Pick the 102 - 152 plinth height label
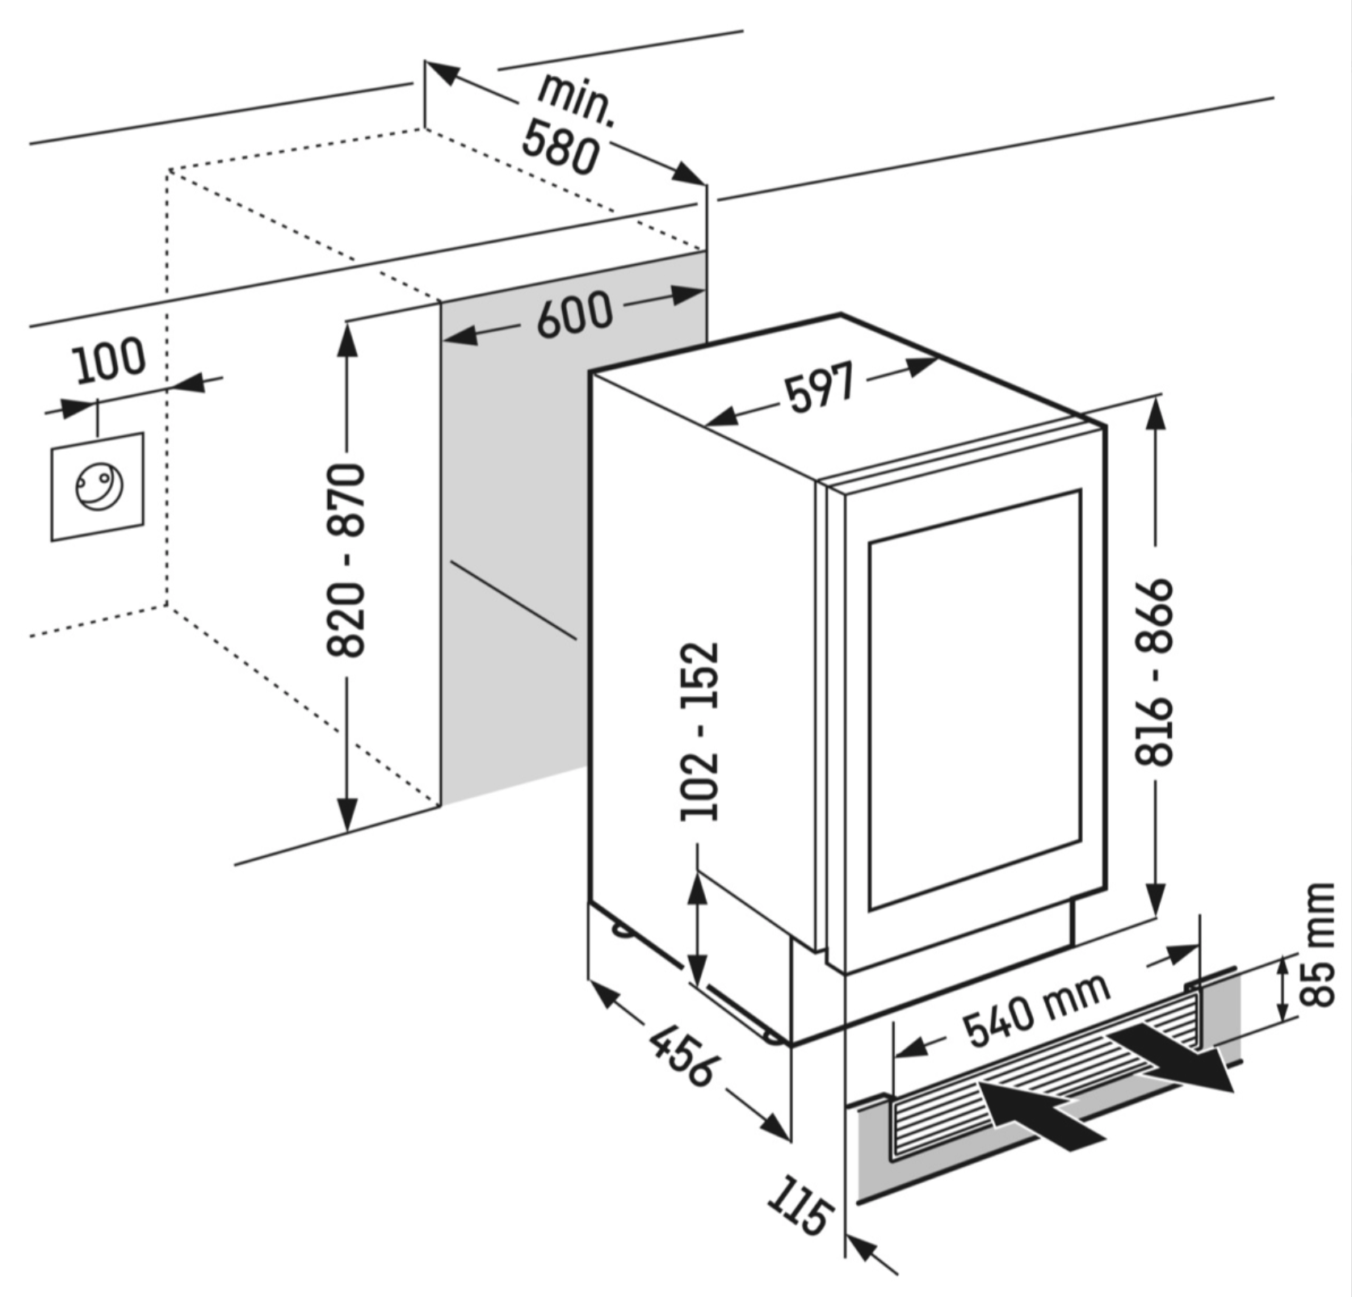tap(699, 732)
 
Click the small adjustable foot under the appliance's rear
tap(623, 930)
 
